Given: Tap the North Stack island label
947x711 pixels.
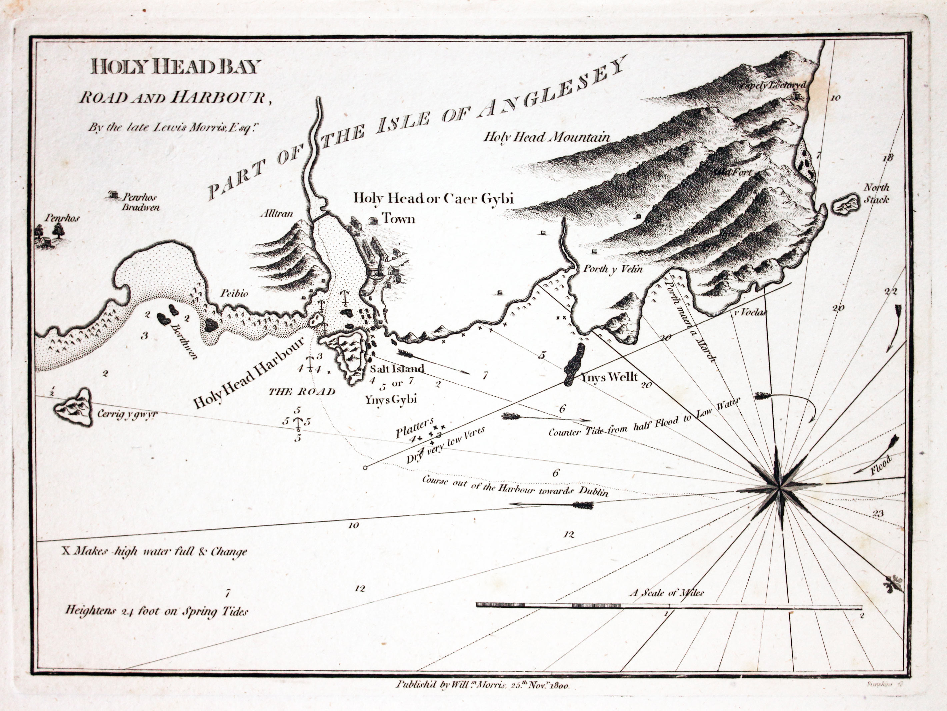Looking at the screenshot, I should click(x=876, y=193).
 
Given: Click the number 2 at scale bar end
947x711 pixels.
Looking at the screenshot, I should click(x=862, y=616).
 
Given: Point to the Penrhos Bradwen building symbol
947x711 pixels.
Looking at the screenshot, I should click(x=113, y=194).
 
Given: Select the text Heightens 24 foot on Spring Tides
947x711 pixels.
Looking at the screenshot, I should click(x=157, y=611).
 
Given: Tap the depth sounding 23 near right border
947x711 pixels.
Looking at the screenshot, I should click(x=878, y=514).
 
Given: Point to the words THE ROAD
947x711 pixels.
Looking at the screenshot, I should click(x=302, y=391).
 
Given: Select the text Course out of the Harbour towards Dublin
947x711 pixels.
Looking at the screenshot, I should click(x=515, y=486).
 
